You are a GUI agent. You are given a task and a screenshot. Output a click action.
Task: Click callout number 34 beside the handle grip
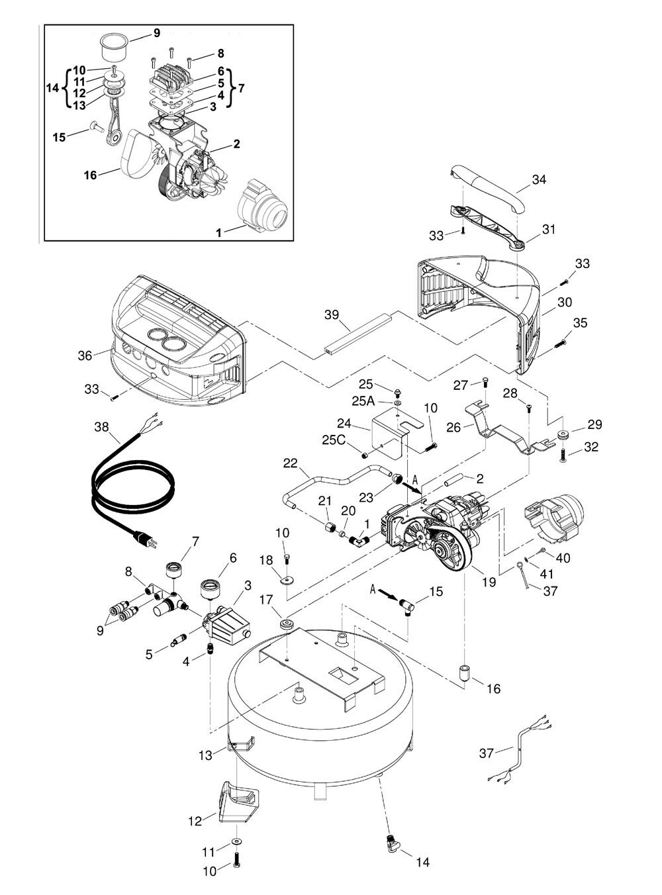tap(539, 179)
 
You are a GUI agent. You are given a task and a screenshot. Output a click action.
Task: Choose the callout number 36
tap(85, 355)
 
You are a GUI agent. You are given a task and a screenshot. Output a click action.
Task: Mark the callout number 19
tap(489, 583)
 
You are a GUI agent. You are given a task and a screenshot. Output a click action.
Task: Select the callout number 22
tap(291, 463)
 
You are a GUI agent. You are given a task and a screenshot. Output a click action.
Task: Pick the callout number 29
tap(594, 424)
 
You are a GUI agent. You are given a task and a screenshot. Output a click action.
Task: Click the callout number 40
tap(563, 558)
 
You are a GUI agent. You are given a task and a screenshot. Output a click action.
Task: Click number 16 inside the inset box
tap(91, 175)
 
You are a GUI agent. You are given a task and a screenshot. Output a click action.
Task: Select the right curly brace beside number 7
tap(231, 87)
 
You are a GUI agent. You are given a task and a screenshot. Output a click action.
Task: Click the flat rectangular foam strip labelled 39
tap(357, 335)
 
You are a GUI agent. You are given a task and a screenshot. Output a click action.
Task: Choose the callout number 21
tap(324, 499)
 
